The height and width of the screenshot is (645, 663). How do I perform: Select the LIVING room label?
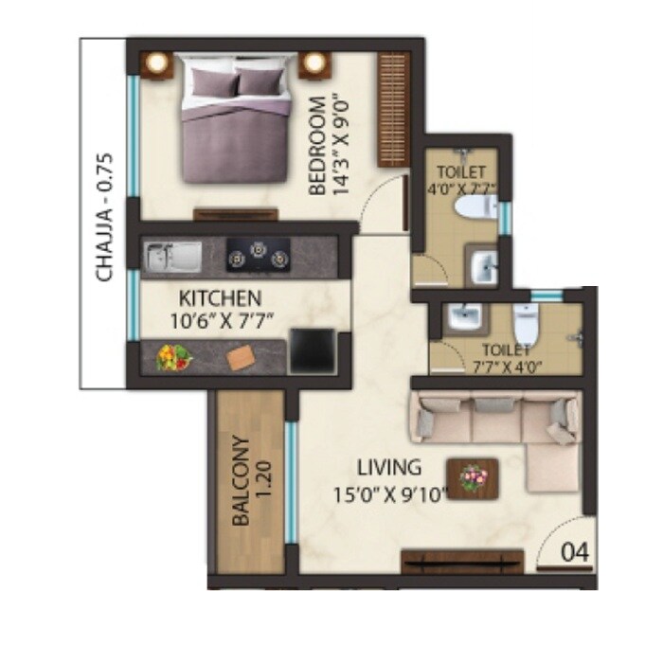click(388, 467)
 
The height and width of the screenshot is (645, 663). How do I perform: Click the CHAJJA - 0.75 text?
click(105, 217)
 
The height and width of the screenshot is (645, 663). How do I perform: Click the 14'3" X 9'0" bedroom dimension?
click(343, 144)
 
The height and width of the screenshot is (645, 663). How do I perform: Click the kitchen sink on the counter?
click(170, 256)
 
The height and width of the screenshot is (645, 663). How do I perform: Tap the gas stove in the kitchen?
click(256, 255)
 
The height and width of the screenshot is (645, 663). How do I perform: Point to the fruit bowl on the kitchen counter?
click(174, 358)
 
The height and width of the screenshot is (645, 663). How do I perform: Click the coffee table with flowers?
click(471, 475)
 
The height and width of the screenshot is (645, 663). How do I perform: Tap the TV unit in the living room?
click(461, 561)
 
